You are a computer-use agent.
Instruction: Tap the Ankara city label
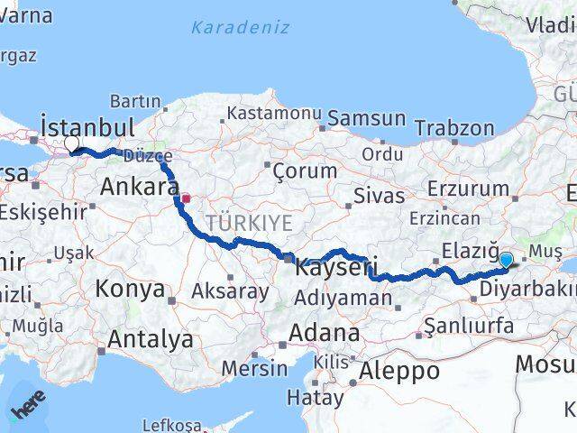(139, 187)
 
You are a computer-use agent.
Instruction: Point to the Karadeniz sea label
(240, 27)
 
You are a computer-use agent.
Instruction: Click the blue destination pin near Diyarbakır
(506, 260)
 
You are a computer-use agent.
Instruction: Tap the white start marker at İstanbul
(72, 143)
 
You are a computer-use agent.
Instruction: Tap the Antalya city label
(151, 339)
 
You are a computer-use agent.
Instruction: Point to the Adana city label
(325, 332)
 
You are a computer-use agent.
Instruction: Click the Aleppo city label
(399, 370)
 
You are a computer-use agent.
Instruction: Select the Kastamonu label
(274, 114)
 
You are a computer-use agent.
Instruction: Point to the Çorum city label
(305, 170)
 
